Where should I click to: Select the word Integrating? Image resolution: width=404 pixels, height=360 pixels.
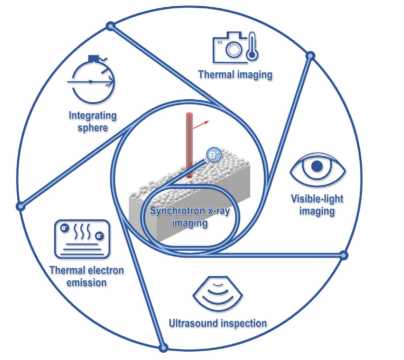click(93, 115)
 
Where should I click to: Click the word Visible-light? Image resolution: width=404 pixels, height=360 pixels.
click(317, 199)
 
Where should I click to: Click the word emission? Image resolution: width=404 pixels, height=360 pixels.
click(86, 282)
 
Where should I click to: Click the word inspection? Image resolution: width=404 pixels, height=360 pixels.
click(245, 323)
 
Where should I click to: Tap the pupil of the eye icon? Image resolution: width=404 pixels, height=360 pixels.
click(317, 167)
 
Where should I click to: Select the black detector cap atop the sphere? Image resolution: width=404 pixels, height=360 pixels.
click(93, 58)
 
